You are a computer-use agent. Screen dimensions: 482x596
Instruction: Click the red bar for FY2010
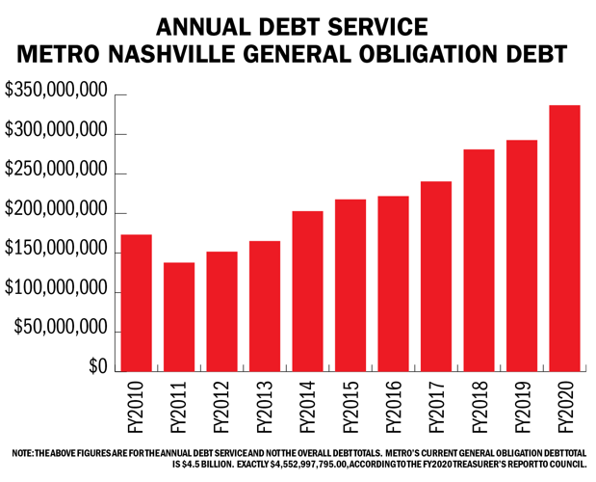coord(136,303)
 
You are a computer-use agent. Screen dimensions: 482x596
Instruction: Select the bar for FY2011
coord(178,317)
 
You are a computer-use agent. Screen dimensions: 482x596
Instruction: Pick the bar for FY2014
coord(306,291)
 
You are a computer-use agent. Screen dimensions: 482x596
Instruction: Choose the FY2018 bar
coord(478,260)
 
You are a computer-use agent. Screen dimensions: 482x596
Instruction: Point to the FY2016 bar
coord(392,283)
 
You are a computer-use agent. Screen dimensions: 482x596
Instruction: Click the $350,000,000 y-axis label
coord(55,92)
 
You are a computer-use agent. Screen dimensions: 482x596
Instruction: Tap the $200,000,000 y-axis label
coord(55,210)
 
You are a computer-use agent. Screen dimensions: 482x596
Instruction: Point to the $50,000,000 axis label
coord(61,329)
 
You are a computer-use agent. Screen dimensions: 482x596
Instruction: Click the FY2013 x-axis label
coord(266,404)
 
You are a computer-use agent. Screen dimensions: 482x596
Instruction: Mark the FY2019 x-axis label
coord(523,404)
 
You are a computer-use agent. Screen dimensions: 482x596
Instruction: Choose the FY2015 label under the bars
coord(351,404)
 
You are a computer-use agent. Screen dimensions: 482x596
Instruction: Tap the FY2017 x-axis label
coord(437,404)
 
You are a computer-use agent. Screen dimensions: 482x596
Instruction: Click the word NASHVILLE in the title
coord(213,54)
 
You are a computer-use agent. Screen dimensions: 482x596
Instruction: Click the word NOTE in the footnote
coord(21,452)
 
